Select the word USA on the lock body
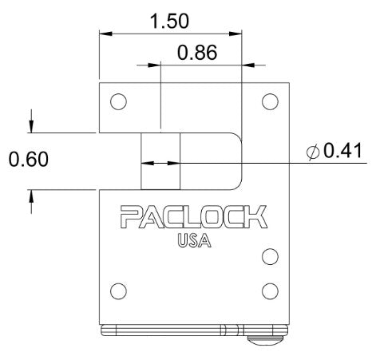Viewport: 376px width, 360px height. click(194, 239)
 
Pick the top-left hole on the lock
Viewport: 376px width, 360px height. click(118, 101)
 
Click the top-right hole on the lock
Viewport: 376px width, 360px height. click(270, 101)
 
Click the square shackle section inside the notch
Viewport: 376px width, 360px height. click(160, 161)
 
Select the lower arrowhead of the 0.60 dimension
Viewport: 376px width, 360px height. click(31, 196)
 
